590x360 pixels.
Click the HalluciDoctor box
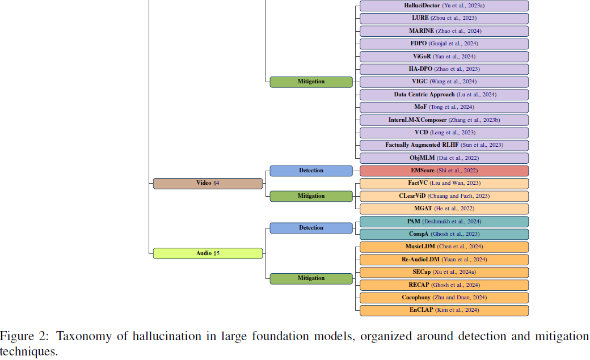444,6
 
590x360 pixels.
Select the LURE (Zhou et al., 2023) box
444,18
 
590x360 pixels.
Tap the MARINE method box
444,31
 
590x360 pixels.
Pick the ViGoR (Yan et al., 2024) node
444,57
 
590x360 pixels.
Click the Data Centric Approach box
444,95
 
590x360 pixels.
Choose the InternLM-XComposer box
444,120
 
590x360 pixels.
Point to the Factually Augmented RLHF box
444,145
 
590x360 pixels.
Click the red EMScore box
444,171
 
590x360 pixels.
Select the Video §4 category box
208,183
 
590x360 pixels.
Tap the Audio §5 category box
208,253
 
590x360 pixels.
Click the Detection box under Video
311,171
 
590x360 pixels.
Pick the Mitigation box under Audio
311,278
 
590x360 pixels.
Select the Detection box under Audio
311,228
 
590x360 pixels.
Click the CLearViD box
444,196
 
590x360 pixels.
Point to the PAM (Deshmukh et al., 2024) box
444,222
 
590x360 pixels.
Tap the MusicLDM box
444,247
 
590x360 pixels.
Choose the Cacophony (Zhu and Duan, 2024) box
444,298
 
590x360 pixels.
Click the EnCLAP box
444,311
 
